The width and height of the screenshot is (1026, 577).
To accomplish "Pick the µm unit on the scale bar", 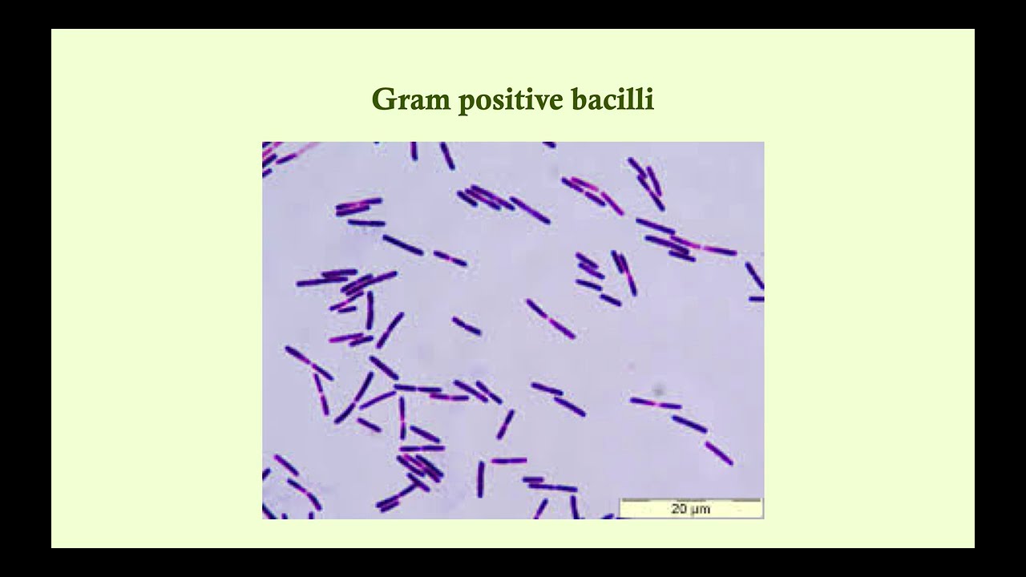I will (701, 510).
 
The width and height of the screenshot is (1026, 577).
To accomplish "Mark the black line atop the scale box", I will (691, 499).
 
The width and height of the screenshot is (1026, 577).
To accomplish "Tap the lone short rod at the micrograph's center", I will (466, 325).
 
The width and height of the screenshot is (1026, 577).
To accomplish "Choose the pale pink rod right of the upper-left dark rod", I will (450, 258).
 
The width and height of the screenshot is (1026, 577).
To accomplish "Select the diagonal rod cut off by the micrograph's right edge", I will (754, 275).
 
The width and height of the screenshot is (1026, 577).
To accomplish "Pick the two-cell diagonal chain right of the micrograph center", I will (550, 318).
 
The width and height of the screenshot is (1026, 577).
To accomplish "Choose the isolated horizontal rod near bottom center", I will (508, 461).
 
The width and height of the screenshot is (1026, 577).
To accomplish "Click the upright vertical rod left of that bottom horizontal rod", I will (480, 478).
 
